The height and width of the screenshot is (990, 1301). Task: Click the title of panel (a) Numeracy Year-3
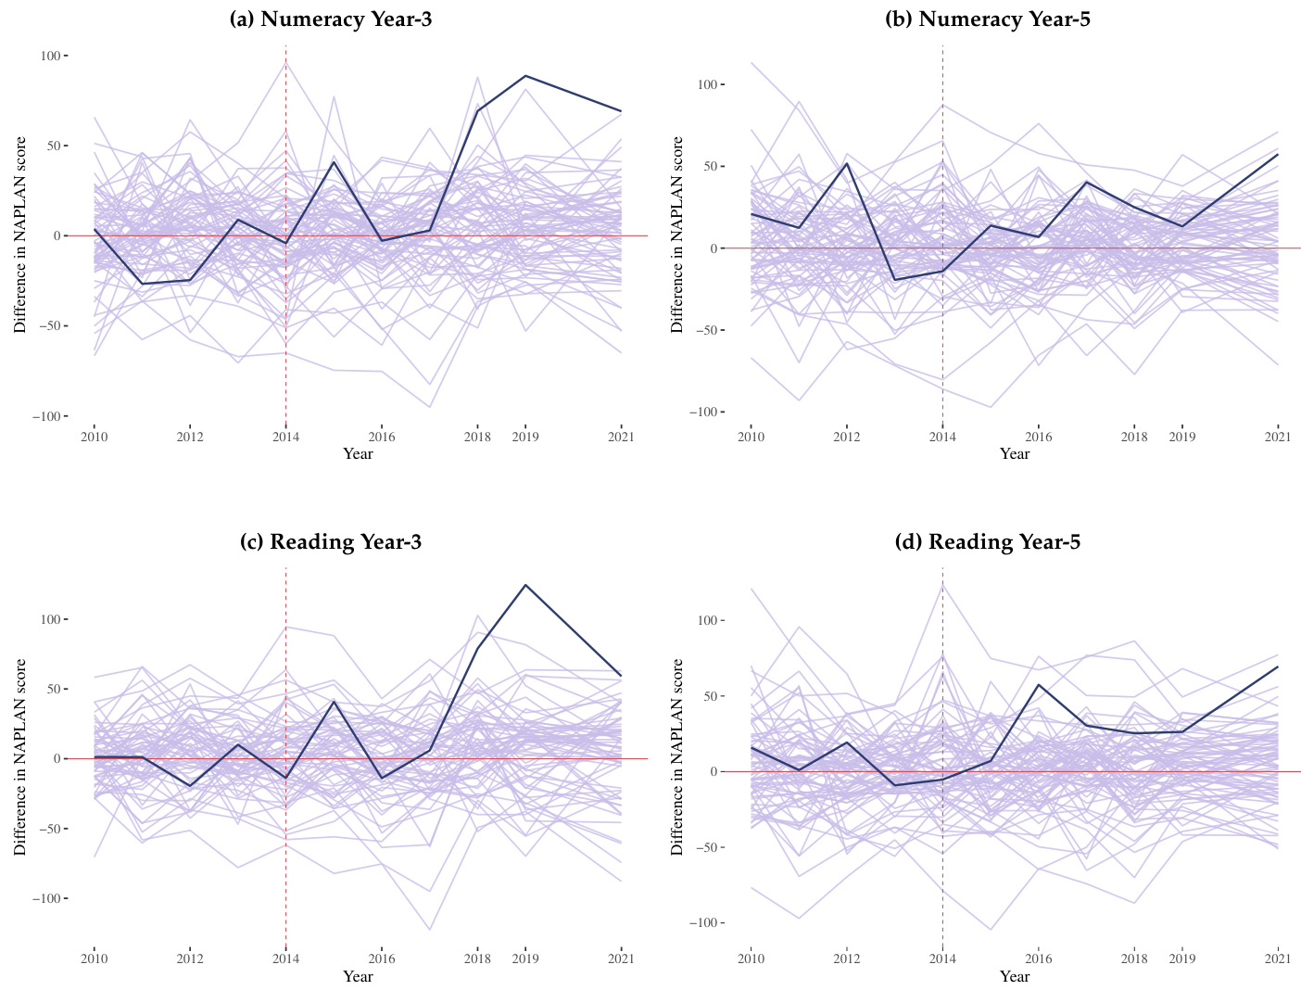331,19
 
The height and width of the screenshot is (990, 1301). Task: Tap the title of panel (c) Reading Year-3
331,542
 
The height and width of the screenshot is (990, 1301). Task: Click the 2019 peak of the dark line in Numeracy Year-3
525,76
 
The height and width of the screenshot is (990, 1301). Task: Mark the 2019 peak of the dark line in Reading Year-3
525,585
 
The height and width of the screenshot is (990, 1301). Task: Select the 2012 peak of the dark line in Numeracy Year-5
846,163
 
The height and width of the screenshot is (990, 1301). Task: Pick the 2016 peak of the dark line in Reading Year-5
1038,685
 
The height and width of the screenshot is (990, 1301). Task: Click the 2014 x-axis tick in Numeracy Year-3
285,436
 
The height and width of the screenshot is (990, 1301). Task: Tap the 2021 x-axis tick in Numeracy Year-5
1278,437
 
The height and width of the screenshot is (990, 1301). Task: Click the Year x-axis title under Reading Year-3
358,976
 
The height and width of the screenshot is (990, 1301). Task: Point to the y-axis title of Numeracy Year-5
676,235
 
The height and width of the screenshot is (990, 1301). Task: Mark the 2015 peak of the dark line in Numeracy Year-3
334,162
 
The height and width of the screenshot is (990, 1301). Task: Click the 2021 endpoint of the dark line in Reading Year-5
1278,666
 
